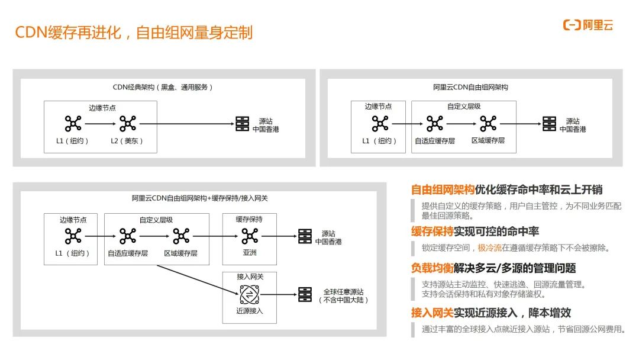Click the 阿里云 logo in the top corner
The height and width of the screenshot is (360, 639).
tap(588, 25)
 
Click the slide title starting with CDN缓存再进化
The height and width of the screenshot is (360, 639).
tap(134, 32)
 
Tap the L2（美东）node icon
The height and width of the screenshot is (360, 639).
tap(128, 123)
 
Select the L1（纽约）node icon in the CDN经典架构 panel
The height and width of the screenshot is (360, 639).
tap(73, 123)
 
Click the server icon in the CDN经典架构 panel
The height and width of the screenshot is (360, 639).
tap(242, 123)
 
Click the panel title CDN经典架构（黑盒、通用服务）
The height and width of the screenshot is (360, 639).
tap(163, 87)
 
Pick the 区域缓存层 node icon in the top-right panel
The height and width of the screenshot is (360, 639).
tap(488, 123)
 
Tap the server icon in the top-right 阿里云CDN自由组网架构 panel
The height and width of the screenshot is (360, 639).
tap(549, 123)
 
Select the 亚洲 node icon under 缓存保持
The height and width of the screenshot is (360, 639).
tap(250, 236)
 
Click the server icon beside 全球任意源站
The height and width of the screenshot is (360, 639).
tap(305, 294)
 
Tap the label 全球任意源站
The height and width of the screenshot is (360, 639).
tap(344, 291)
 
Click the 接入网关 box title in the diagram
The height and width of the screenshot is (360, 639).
tap(250, 277)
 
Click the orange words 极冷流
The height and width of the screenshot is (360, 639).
tap(490, 247)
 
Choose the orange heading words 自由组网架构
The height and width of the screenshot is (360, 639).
tap(443, 189)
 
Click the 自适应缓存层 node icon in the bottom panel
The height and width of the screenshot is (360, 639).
tap(128, 236)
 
